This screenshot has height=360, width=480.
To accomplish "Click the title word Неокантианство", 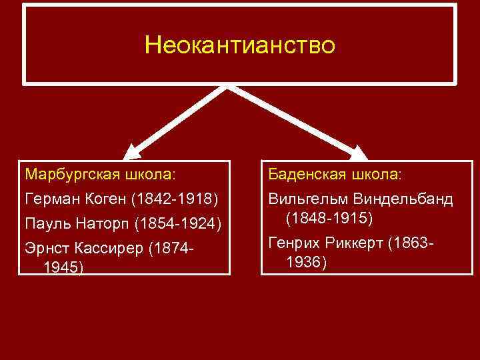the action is pyautogui.click(x=240, y=46).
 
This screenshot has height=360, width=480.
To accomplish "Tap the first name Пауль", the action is pyautogui.click(x=45, y=223).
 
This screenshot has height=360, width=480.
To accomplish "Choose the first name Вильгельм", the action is pyautogui.click(x=309, y=199).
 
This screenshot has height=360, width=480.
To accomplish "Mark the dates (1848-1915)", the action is pyautogui.click(x=329, y=218).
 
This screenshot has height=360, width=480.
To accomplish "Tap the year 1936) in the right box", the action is pyautogui.click(x=306, y=263).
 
